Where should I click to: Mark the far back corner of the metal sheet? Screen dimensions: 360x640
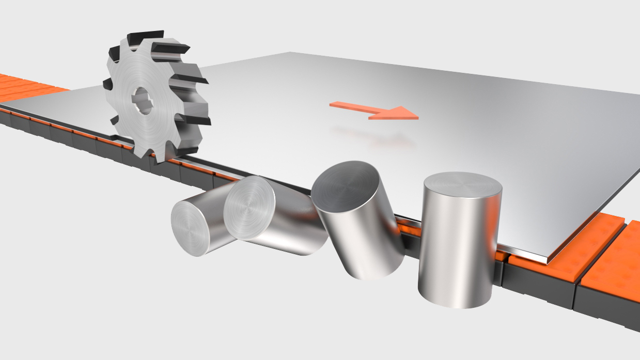(x=292, y=53)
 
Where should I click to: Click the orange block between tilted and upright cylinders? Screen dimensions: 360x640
(x=409, y=227)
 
